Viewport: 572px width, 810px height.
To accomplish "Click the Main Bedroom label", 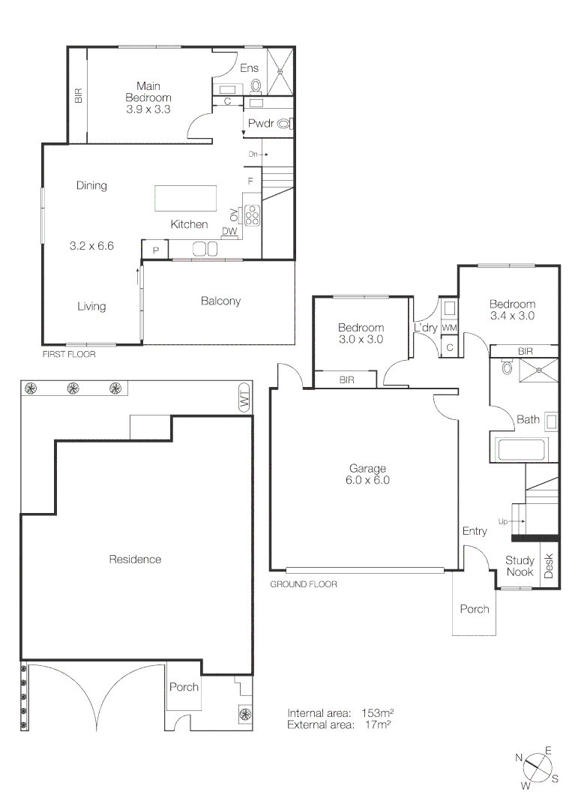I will [148, 97].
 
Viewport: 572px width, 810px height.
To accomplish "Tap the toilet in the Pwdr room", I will [284, 124].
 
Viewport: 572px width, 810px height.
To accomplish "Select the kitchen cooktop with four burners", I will [252, 215].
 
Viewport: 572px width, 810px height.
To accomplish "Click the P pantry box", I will [155, 250].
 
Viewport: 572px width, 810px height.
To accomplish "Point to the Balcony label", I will [220, 301].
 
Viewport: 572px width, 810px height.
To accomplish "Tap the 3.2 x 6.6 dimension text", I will [91, 245].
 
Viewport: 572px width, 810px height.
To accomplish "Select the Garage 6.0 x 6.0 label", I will [366, 474].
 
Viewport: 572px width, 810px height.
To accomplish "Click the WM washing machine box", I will [449, 328].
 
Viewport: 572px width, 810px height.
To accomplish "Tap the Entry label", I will [475, 531].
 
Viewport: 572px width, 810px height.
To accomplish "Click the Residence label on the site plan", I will [135, 559].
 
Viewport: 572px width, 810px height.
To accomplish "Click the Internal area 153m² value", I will [379, 712].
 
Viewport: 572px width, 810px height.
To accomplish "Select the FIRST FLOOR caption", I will [69, 354].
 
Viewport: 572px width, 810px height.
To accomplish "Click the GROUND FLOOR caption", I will [304, 583].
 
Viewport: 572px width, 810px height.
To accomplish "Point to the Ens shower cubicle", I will [282, 71].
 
